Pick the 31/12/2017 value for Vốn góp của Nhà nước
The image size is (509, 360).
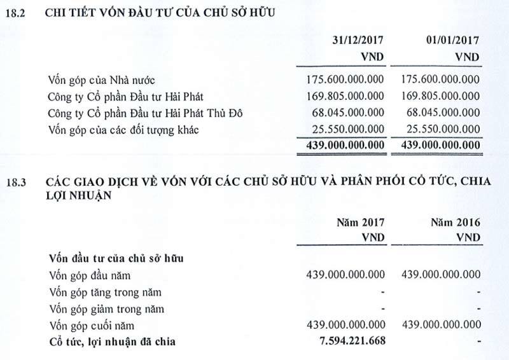(x=345, y=80)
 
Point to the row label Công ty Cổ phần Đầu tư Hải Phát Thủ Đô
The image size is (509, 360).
(x=146, y=113)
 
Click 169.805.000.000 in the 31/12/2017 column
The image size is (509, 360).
(x=345, y=97)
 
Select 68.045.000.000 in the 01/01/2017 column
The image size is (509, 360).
(x=444, y=113)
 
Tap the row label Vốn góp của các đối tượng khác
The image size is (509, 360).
(x=124, y=130)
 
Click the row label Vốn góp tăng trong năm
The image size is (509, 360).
(x=105, y=293)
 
